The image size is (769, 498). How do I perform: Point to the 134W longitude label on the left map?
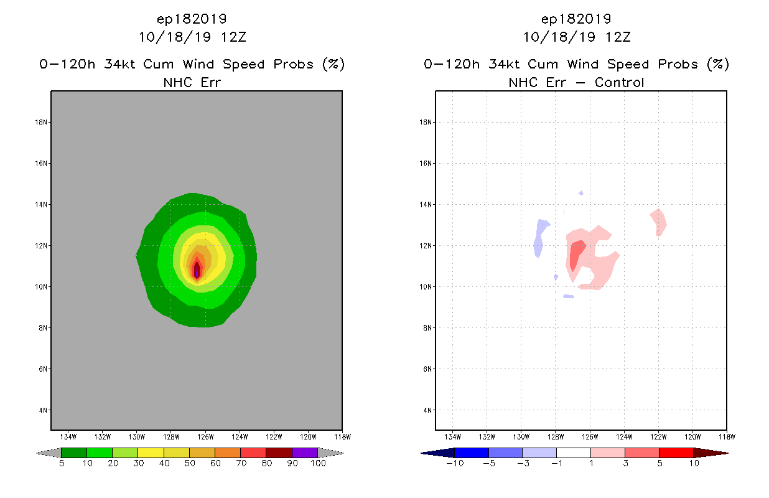[68, 436]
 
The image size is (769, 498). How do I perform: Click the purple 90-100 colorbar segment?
[305, 453]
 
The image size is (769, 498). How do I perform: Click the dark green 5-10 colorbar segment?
[74, 453]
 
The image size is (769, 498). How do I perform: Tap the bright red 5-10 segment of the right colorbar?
[676, 453]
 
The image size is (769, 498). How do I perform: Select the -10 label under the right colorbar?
[455, 463]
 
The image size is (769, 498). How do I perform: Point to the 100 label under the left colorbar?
[318, 463]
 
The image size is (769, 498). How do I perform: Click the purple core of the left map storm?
[197, 269]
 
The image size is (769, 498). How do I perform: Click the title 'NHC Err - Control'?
[576, 82]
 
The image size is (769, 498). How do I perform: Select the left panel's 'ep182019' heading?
[192, 19]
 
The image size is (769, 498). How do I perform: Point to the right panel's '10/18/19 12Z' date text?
[576, 37]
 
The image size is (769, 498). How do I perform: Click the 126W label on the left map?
[205, 436]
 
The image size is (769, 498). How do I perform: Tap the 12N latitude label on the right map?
[428, 246]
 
